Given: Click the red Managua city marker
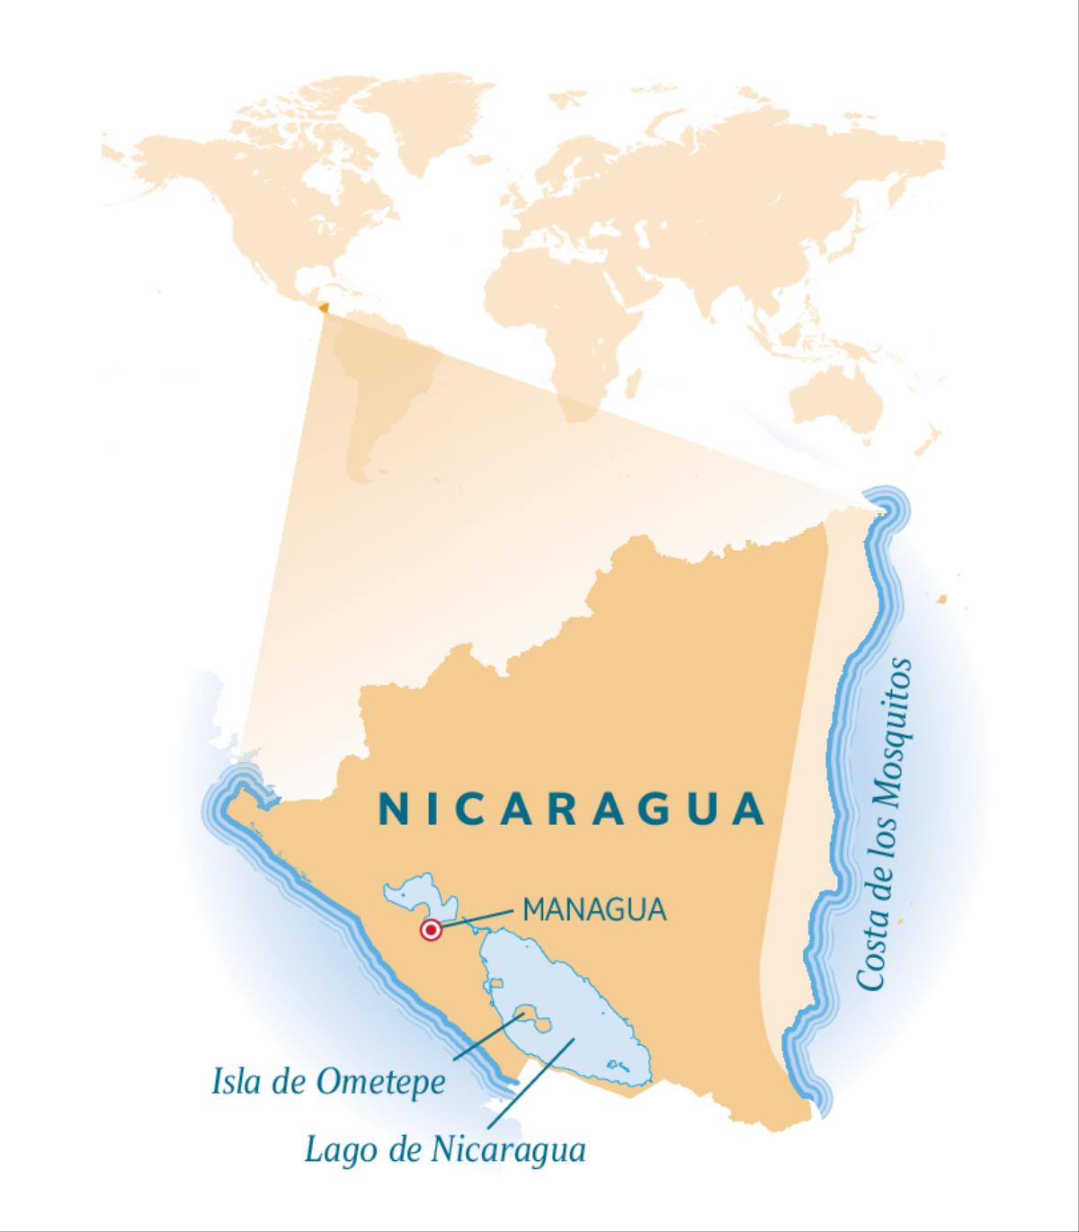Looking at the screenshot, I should [432, 931].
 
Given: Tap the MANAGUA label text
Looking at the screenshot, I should [594, 909].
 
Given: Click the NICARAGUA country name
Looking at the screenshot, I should [572, 809].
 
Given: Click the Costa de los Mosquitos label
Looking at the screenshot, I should [886, 824].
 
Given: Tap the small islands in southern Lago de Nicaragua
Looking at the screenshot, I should [618, 1066].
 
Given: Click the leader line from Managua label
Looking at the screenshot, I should [477, 918].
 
